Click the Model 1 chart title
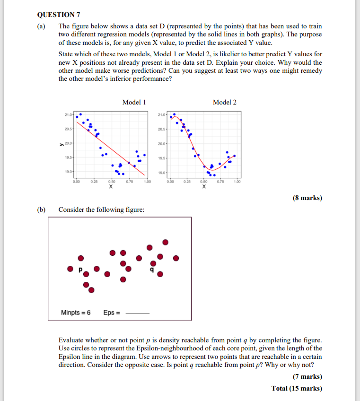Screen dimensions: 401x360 click(134, 102)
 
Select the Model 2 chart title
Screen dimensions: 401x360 click(225, 102)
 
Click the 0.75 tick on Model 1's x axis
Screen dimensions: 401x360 click(130, 182)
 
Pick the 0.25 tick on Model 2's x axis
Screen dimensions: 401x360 click(188, 182)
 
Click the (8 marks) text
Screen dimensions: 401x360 click(307, 198)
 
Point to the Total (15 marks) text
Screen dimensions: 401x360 click(297, 388)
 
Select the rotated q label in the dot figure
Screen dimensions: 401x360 click(151, 270)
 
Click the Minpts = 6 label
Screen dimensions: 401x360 click(76, 313)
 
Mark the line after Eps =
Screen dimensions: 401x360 click(139, 314)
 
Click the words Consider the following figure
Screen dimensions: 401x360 click(101, 209)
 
